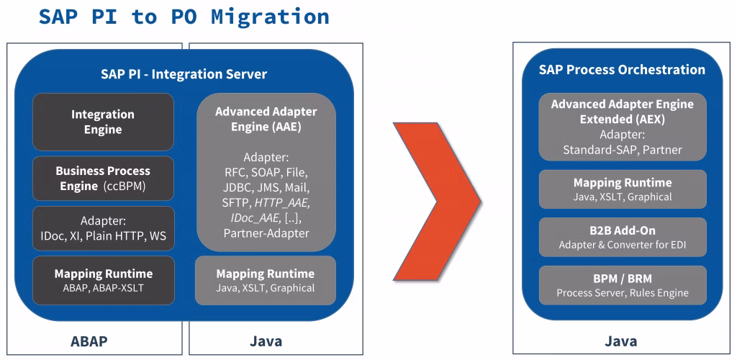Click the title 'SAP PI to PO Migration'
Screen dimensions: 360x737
tap(184, 16)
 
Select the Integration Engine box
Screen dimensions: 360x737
tap(103, 122)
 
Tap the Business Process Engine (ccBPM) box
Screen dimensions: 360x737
tap(103, 179)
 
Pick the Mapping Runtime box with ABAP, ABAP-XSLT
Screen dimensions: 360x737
tap(103, 280)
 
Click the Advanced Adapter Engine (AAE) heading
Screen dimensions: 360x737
tap(266, 120)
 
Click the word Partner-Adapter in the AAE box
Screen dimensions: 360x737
tap(266, 233)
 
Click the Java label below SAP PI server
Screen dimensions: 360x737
tap(266, 341)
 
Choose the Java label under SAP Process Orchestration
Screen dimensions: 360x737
tap(620, 341)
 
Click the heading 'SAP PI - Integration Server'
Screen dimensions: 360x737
tap(184, 74)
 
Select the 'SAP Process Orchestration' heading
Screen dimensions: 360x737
tap(622, 70)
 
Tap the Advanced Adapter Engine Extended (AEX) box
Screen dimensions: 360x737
tap(622, 127)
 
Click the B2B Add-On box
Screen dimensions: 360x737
tap(622, 237)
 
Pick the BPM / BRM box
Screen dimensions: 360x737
tap(622, 285)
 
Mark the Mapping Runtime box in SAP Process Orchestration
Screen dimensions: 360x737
tap(622, 189)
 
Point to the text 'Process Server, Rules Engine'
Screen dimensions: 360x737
tap(622, 293)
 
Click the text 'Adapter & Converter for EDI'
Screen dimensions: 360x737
tap(622, 245)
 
